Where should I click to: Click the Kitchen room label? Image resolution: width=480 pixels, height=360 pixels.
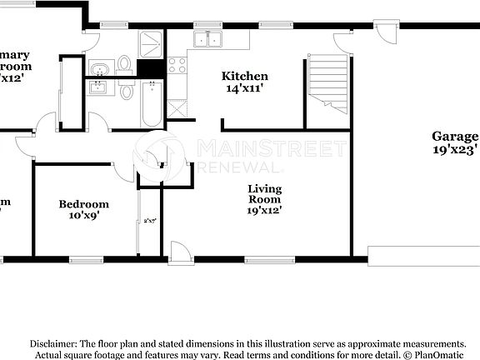244,77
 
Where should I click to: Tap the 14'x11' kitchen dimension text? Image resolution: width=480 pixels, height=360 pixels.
244,87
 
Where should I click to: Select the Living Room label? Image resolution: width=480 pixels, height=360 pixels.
264,194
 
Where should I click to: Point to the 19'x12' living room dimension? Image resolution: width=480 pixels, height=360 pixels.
264,210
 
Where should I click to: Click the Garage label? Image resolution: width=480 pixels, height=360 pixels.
455,137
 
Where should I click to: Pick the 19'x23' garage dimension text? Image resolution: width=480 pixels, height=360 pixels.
455,151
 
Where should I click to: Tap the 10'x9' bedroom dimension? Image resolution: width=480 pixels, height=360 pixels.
83,217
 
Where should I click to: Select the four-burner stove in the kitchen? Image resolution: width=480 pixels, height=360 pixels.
177,65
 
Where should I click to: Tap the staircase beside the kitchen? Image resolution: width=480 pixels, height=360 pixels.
327,83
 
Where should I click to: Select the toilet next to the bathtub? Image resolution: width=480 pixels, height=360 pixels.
127,90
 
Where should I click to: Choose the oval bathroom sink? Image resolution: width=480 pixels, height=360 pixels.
99,68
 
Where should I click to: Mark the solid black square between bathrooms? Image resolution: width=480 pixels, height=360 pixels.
150,68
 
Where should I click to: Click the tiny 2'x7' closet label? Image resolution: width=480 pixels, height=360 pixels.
150,222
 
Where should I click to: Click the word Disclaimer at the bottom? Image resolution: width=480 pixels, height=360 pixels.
53,343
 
